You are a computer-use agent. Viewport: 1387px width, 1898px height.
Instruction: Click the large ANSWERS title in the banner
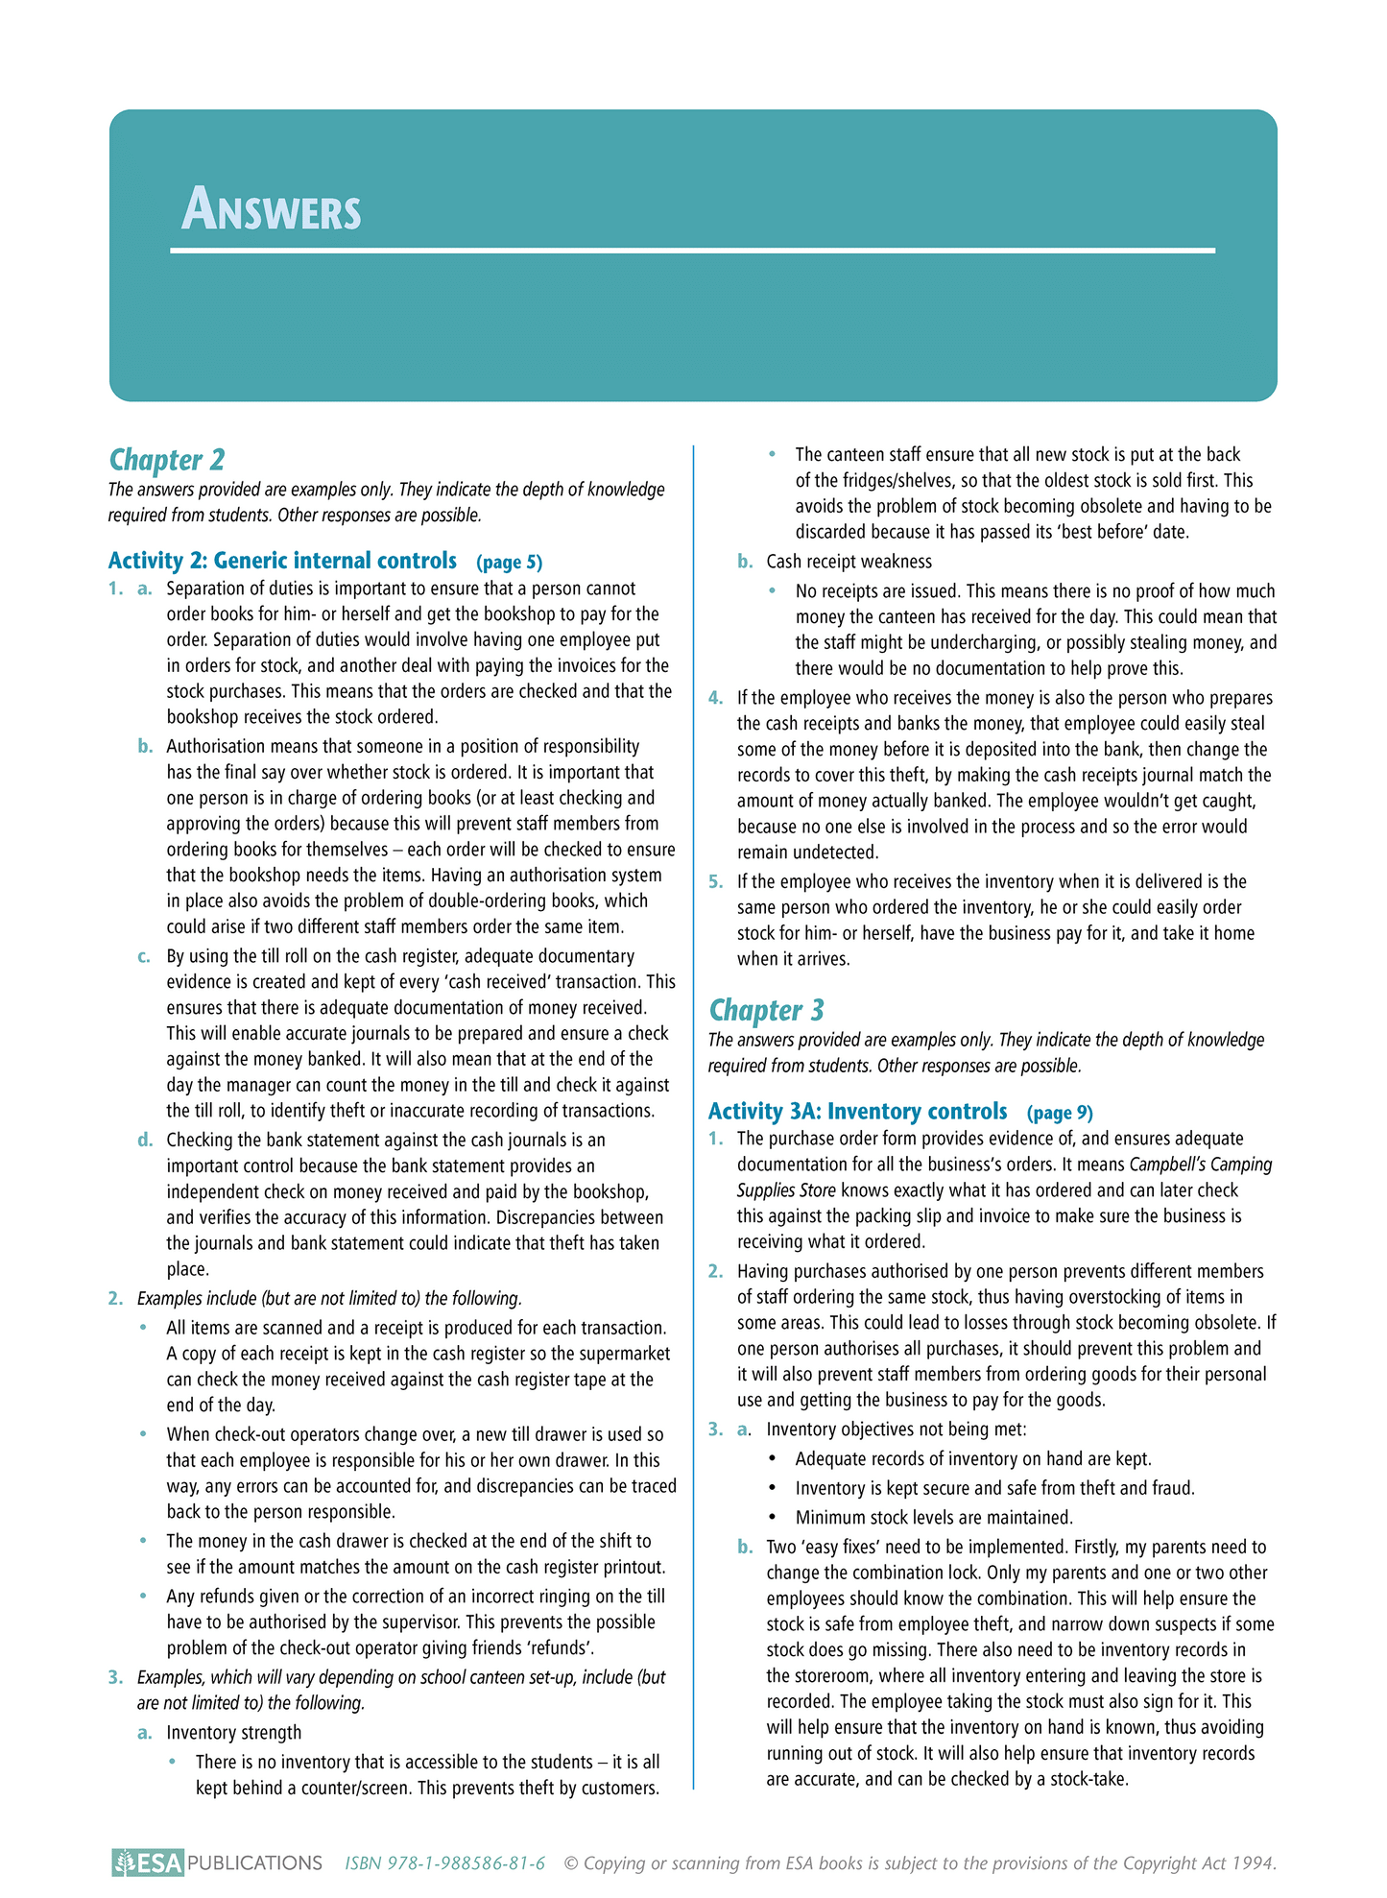point(272,209)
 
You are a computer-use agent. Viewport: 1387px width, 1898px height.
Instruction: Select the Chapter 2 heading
point(167,460)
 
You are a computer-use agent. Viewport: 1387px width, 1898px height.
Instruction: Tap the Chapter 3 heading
point(766,1010)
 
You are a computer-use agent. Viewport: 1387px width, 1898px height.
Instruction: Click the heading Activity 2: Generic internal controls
point(282,561)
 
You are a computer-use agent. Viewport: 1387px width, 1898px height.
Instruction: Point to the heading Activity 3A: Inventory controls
point(857,1111)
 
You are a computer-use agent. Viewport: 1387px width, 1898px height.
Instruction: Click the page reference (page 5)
point(509,563)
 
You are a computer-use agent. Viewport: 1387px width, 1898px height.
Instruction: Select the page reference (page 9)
point(1060,1113)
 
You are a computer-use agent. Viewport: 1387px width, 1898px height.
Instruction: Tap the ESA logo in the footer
point(147,1863)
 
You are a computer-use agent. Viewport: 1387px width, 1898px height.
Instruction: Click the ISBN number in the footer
point(444,1863)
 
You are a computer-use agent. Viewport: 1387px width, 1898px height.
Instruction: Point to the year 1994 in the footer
point(1254,1863)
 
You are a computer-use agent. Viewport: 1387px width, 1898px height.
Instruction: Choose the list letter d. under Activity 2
point(145,1141)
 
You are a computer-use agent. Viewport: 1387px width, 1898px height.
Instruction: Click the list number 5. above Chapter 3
point(715,881)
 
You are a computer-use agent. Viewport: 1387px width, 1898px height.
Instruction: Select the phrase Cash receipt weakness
point(849,562)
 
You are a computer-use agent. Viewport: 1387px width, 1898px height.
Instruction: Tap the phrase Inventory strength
point(233,1733)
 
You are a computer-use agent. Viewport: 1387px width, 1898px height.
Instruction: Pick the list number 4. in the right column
point(715,698)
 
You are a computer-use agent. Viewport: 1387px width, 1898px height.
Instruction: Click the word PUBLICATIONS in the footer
point(254,1863)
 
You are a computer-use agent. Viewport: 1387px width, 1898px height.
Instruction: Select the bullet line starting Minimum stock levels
point(933,1518)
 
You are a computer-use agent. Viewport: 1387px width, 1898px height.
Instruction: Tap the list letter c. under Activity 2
point(145,957)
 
